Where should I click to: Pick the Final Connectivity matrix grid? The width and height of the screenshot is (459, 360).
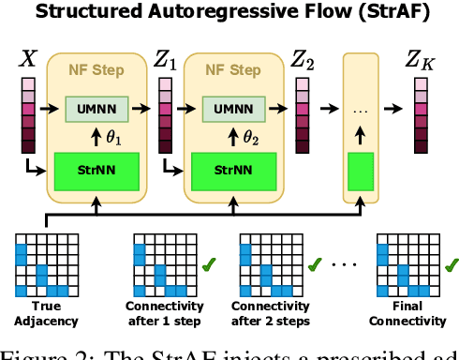pos(403,262)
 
